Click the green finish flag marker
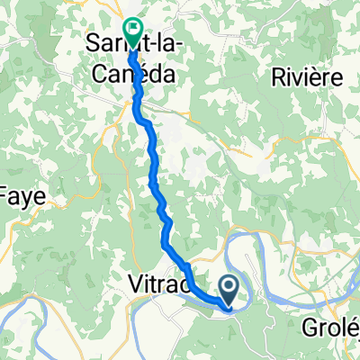click(132, 32)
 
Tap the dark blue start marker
click(229, 290)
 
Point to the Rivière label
click(308, 77)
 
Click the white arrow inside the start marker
click(229, 287)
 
